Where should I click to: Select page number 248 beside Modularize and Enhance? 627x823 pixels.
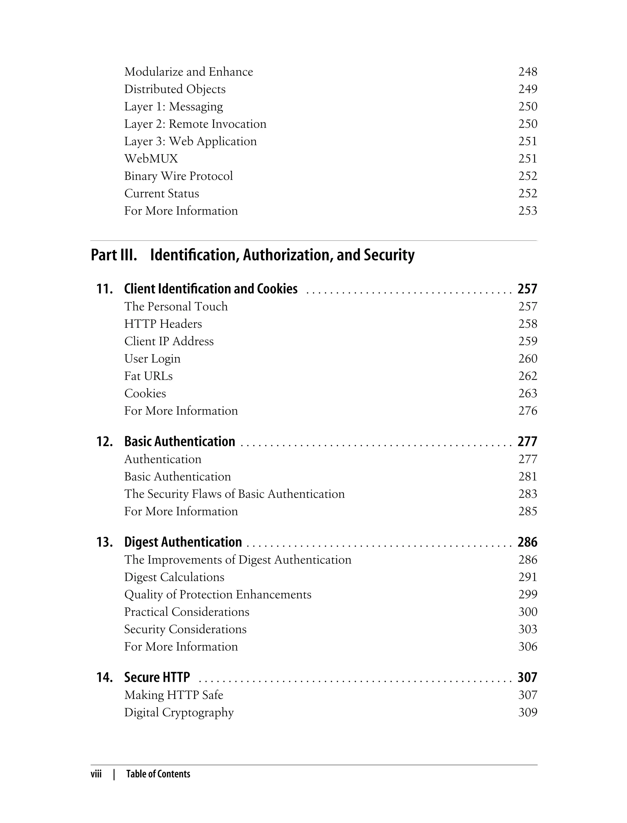[x=528, y=72]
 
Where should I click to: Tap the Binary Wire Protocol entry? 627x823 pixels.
[x=178, y=176]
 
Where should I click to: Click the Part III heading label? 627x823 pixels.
[x=114, y=255]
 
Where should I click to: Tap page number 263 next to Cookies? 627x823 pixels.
[x=528, y=394]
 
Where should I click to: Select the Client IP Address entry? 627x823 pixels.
[x=169, y=341]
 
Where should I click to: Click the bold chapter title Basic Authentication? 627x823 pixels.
[x=179, y=442]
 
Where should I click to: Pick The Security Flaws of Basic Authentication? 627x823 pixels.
[x=235, y=494]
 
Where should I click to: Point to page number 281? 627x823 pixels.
[x=528, y=477]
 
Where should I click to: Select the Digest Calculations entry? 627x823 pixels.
[x=174, y=577]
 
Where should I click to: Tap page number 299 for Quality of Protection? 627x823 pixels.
[x=528, y=595]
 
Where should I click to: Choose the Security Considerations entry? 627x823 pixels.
[x=185, y=629]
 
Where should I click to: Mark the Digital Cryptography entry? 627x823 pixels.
[x=179, y=713]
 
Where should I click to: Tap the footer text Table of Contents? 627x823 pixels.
[x=158, y=774]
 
